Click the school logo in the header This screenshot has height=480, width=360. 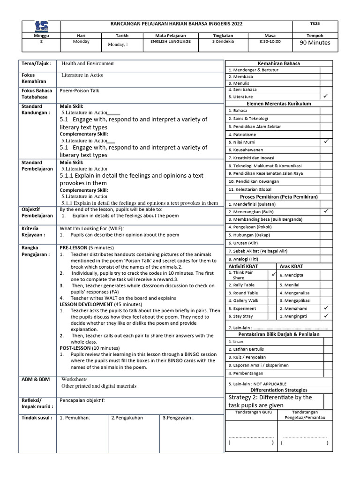41,26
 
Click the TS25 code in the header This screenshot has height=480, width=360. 315,23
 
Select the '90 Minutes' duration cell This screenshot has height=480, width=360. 315,43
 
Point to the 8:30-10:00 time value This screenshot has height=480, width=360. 270,41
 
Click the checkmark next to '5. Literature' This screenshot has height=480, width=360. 326,96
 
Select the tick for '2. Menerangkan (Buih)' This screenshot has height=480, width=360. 326,211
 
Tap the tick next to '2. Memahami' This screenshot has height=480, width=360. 326,308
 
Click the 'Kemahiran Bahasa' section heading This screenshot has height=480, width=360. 279,63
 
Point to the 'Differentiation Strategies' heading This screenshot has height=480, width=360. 279,390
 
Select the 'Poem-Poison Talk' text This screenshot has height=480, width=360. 79,91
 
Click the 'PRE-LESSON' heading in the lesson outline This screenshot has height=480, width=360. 73,247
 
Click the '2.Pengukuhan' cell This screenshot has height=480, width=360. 127,418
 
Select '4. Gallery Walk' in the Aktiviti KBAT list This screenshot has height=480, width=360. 243,300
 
